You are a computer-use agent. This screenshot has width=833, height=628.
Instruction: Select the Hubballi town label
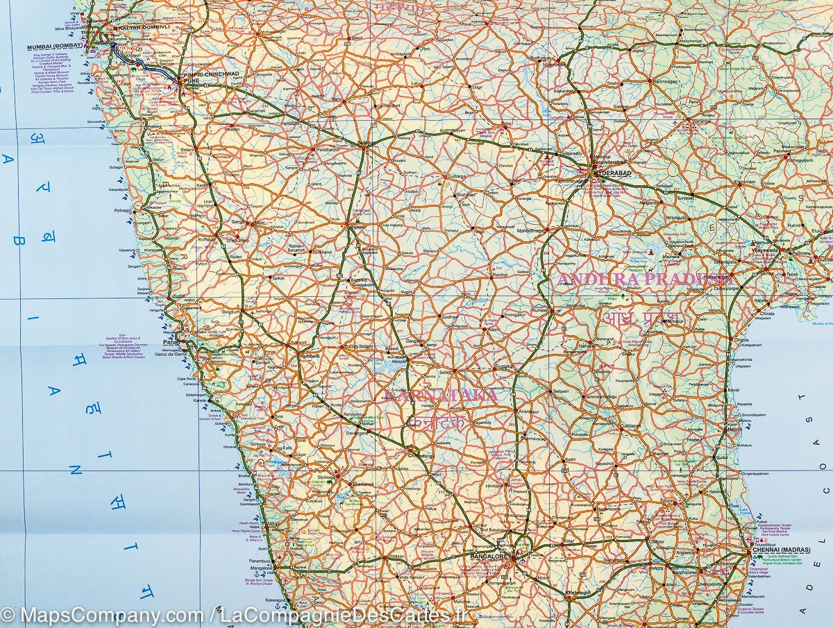click(309, 355)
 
